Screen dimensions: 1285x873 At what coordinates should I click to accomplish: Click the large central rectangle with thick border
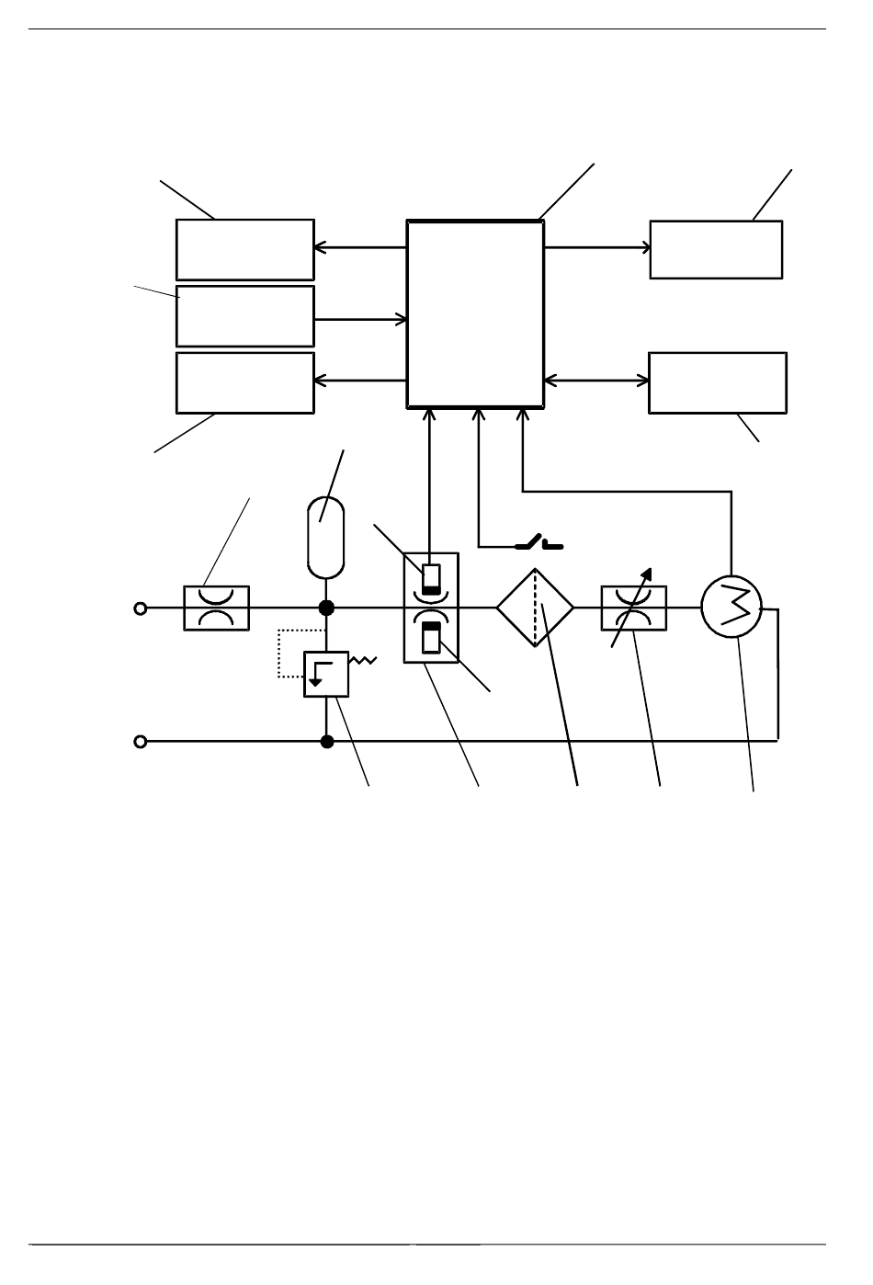475,313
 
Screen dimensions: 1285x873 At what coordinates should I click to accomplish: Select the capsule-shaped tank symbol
324,537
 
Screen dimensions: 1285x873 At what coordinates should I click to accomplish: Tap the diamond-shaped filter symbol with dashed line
535,607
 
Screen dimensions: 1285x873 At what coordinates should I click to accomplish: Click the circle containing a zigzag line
731,608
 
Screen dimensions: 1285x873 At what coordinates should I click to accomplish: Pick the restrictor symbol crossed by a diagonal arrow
634,608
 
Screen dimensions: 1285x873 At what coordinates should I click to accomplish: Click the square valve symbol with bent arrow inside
326,674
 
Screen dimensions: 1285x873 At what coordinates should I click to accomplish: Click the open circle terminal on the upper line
141,608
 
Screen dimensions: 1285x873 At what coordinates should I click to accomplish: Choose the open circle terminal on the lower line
141,741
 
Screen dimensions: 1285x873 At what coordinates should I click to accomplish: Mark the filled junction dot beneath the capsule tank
325,608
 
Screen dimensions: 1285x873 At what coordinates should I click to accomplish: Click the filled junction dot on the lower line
326,741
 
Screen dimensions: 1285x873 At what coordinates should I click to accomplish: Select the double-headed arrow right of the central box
596,380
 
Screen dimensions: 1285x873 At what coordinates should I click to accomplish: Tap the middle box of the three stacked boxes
245,316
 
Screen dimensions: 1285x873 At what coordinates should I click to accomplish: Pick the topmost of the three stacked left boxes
245,249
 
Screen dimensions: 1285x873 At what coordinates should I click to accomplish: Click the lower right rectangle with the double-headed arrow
718,382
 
